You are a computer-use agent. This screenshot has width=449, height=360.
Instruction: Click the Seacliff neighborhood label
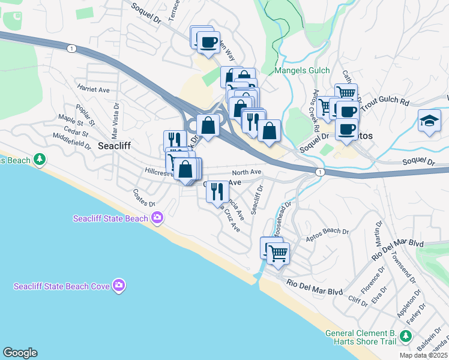114,146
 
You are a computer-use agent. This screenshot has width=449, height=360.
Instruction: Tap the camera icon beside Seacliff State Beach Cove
119,286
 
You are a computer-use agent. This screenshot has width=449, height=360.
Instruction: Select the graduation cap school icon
430,121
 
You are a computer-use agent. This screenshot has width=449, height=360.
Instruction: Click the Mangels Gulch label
302,71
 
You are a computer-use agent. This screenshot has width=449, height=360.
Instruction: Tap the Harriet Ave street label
93,89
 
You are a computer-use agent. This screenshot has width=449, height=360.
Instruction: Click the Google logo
19,353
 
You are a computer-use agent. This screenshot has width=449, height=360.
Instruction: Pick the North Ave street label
247,172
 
